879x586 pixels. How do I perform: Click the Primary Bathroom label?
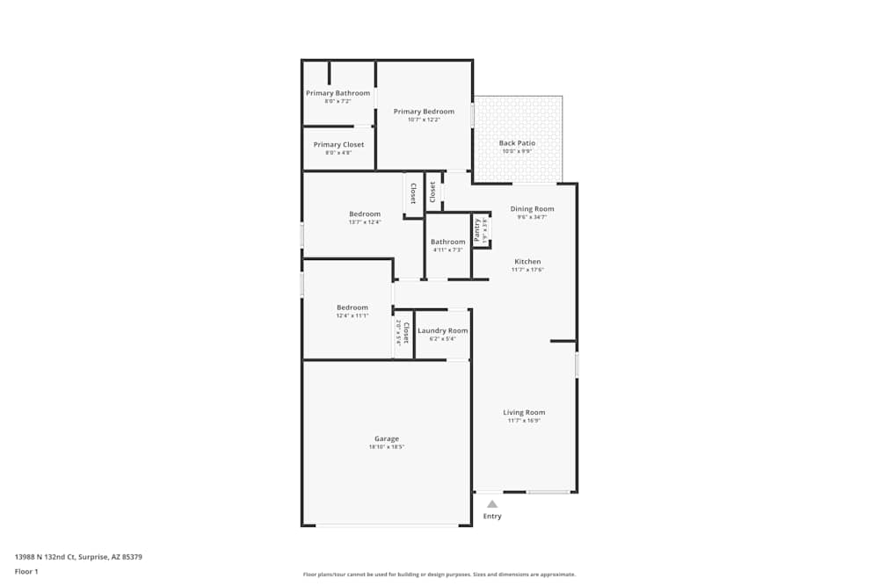(x=338, y=93)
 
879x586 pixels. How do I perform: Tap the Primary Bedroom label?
(x=424, y=112)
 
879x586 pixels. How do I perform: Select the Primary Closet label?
(x=338, y=145)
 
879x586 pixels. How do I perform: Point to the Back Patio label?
(x=517, y=143)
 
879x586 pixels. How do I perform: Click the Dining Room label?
(x=532, y=209)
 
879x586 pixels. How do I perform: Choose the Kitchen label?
(x=527, y=262)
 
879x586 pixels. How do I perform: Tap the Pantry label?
(x=477, y=229)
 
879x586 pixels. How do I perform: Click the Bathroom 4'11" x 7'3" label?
(x=447, y=242)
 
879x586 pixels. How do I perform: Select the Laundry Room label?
(x=442, y=330)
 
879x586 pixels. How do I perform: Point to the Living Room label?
(x=524, y=412)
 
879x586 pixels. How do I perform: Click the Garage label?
(x=387, y=438)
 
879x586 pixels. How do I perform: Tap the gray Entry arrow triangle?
(x=492, y=504)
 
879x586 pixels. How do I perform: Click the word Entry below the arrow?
(x=492, y=517)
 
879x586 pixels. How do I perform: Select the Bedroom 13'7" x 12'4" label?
(x=365, y=214)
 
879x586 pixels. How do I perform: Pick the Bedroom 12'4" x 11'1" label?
(x=352, y=307)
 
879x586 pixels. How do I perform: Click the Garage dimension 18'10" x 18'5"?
(x=387, y=447)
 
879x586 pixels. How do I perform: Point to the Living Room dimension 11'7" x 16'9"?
(x=524, y=421)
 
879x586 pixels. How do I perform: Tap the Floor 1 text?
(x=26, y=571)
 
